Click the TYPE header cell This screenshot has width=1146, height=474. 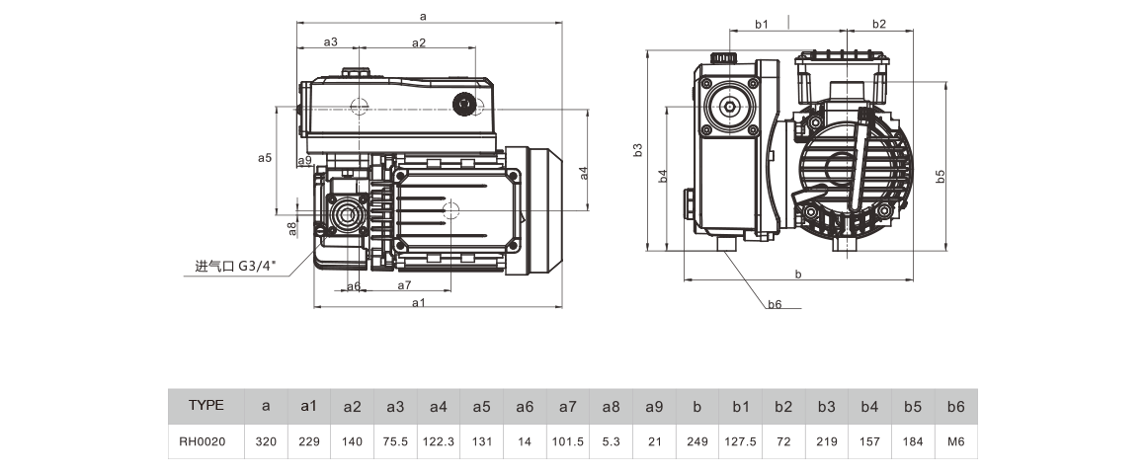[x=206, y=405]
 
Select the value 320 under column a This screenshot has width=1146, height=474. [x=265, y=442]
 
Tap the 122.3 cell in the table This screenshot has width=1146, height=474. [x=438, y=442]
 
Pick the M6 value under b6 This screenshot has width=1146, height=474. [x=955, y=442]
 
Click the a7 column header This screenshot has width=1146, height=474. [x=567, y=406]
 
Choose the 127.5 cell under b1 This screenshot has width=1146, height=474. [x=740, y=442]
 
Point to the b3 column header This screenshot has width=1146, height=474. [x=827, y=406]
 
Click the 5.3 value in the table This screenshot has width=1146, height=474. [x=611, y=442]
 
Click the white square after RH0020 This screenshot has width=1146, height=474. [x=232, y=442]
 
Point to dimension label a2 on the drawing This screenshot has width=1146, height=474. [x=418, y=42]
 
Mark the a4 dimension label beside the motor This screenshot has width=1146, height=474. [x=584, y=172]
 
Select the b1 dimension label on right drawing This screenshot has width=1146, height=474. [x=762, y=22]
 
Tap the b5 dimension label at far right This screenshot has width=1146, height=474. [x=940, y=175]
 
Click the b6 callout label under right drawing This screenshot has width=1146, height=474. [x=776, y=304]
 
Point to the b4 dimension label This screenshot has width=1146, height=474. [x=663, y=176]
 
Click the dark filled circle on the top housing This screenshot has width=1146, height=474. [x=462, y=106]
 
